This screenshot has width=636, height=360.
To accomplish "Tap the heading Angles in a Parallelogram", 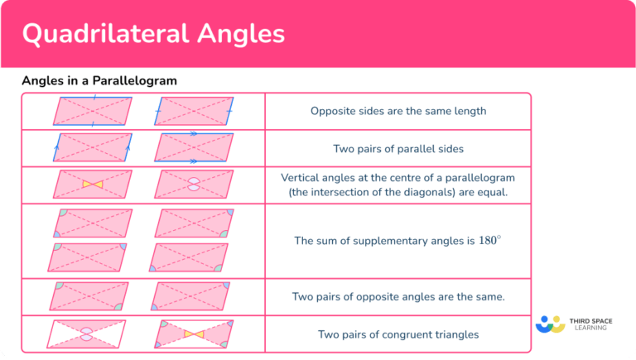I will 99,81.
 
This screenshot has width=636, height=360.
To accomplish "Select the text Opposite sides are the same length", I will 397,111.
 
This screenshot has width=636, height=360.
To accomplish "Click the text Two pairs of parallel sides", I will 397,149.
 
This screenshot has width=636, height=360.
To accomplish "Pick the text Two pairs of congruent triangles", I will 397,334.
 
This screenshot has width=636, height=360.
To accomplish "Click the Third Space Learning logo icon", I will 550,324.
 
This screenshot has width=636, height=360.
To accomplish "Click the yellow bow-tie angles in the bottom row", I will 194,334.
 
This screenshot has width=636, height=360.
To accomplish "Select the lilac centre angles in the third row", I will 194,184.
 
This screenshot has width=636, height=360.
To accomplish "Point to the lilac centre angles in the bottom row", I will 85,334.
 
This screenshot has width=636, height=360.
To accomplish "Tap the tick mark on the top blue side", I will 94,97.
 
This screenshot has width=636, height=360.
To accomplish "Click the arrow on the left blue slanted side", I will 57,148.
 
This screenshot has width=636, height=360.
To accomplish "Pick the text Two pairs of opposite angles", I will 373,296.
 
